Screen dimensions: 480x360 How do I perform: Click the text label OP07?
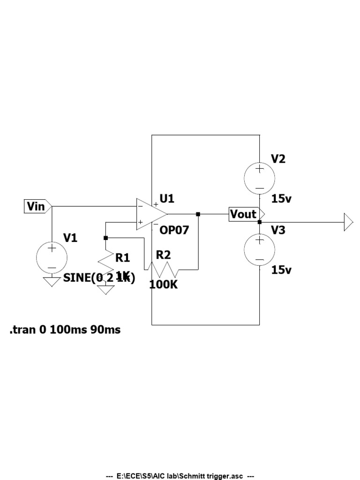point(174,230)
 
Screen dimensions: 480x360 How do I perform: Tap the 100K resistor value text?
point(164,284)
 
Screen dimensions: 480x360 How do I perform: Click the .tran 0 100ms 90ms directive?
point(65,330)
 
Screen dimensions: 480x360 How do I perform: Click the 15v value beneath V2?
point(281,199)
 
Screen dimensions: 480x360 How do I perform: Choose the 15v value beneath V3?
point(281,270)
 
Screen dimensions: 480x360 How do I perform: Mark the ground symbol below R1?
point(106,290)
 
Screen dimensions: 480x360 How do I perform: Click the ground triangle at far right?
point(348,222)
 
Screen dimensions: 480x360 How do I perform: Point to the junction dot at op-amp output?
point(198,214)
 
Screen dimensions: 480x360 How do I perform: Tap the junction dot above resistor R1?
point(106,238)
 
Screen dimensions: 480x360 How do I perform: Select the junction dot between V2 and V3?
point(259,222)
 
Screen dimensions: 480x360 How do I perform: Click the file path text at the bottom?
point(180,476)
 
